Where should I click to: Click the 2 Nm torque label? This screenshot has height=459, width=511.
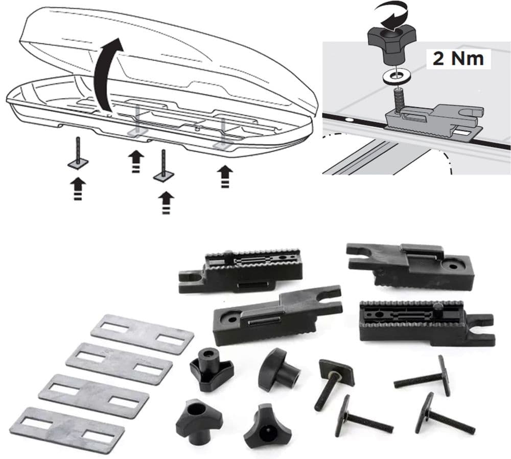point(458,59)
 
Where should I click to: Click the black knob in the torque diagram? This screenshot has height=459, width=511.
point(392,43)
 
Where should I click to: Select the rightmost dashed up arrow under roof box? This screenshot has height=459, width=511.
point(223,176)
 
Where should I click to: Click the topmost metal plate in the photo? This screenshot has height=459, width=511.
point(142,335)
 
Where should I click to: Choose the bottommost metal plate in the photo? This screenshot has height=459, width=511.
point(66,429)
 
